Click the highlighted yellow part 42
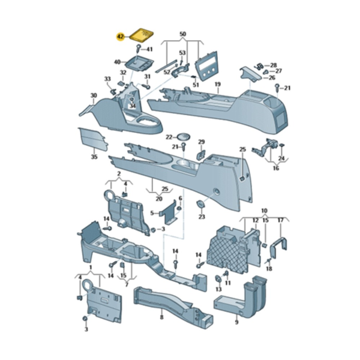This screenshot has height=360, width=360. (x=142, y=34)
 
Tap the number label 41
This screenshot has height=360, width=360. (x=149, y=49)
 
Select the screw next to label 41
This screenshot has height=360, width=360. (x=138, y=49)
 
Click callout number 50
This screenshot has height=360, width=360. (x=183, y=34)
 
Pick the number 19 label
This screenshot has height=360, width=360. (x=218, y=84)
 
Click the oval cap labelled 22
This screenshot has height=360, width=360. (x=184, y=136)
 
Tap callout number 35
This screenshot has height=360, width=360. (x=94, y=157)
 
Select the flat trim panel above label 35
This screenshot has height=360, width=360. (x=93, y=140)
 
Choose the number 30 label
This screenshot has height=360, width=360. (x=94, y=95)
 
